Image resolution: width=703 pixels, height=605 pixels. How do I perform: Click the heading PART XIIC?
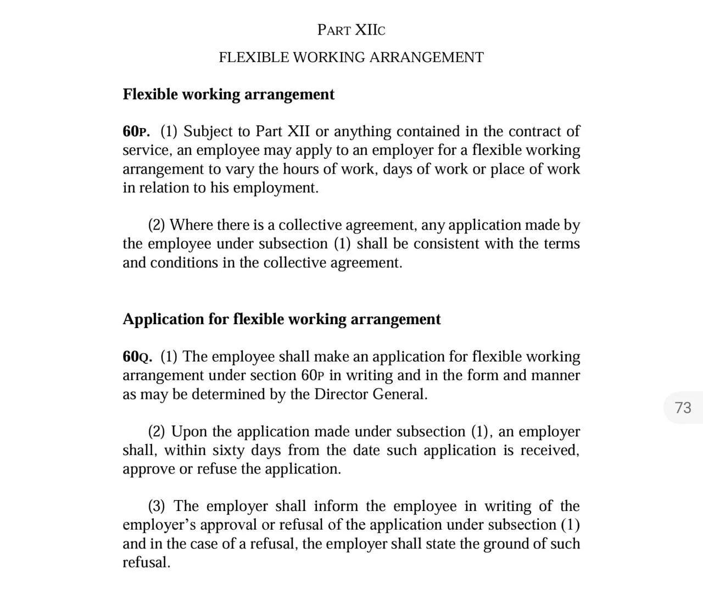click(x=351, y=30)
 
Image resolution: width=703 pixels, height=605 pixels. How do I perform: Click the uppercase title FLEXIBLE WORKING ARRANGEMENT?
click(x=351, y=58)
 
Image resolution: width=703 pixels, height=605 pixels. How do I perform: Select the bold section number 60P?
click(x=136, y=132)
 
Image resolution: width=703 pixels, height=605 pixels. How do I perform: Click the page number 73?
click(x=683, y=408)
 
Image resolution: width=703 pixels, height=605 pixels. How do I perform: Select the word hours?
click(x=300, y=169)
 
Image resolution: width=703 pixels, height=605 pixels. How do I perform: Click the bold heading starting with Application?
click(x=281, y=319)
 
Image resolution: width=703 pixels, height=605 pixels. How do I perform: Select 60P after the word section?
click(x=313, y=376)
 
